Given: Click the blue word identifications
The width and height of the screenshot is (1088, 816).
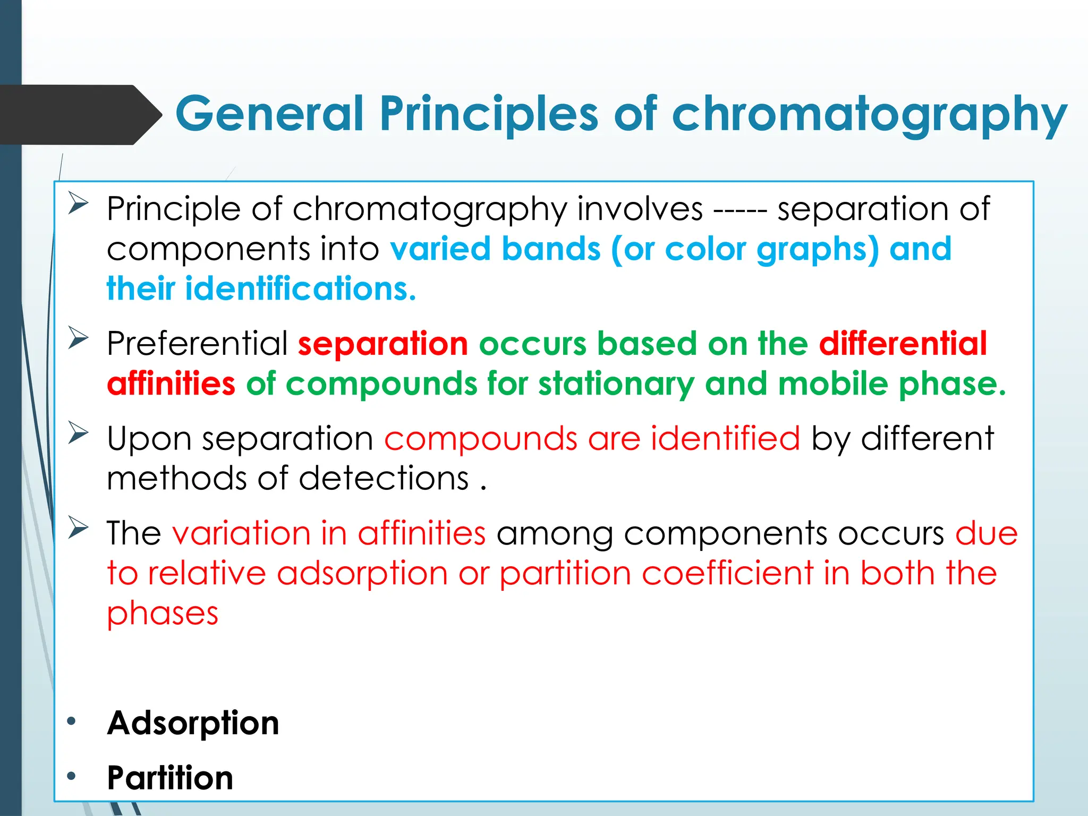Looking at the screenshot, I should coord(300,289).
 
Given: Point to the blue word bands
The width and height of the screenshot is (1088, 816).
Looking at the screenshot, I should coord(551,249).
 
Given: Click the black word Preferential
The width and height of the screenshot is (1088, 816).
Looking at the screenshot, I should coord(197,344).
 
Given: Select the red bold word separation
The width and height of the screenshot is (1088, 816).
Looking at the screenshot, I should coord(382,344).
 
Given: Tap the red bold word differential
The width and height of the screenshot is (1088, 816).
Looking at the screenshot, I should coord(903,344).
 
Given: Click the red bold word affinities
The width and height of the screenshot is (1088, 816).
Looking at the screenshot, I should coord(171,384).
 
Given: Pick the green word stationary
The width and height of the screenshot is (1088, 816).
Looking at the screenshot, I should coord(616,384).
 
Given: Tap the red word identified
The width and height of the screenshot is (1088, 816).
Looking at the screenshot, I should coord(725,439).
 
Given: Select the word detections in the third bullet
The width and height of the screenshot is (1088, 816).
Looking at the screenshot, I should coord(384,478).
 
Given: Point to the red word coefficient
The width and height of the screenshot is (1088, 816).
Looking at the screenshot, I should coord(727,574).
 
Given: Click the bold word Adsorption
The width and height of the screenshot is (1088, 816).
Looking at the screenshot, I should coord(193,723).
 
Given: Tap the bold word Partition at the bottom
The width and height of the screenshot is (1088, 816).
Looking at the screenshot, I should coord(170,778).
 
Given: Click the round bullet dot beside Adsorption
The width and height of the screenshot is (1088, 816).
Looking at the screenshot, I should coord(72,721).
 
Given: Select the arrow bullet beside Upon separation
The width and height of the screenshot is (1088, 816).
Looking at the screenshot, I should coord(78,432).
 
